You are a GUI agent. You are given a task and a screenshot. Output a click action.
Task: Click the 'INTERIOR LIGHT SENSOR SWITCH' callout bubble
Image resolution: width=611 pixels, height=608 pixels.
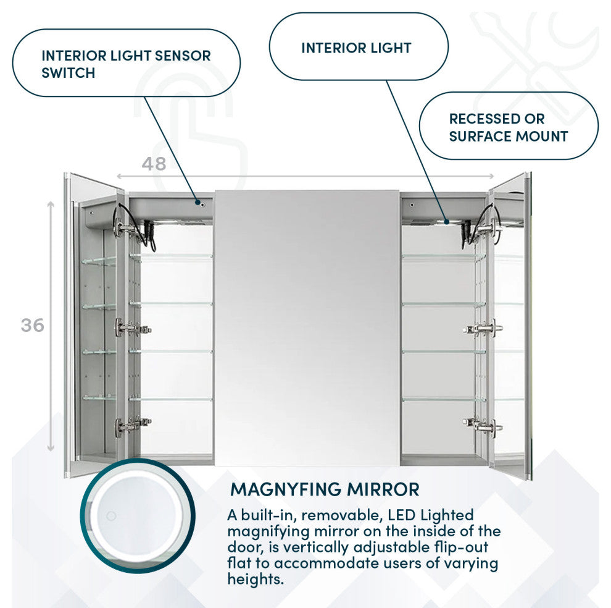point(127,63)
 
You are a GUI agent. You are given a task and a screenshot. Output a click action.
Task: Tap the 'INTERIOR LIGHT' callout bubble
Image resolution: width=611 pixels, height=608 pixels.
point(359,46)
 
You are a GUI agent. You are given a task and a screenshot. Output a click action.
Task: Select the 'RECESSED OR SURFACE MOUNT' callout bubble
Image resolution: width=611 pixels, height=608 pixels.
point(509,126)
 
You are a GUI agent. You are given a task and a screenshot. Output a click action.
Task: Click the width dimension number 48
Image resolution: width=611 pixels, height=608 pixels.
point(154,164)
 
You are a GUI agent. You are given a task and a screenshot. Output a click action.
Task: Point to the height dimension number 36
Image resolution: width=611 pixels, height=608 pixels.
point(32,325)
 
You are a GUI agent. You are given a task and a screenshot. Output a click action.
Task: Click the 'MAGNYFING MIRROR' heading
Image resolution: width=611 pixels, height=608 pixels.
point(325,489)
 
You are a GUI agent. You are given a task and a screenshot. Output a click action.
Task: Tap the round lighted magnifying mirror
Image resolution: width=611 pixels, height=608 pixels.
point(138,516)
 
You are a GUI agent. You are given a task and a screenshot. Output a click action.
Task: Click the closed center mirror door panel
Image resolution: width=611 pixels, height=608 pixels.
point(307,328)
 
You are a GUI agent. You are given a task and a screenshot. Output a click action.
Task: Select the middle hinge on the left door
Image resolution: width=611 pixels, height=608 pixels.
point(132,328)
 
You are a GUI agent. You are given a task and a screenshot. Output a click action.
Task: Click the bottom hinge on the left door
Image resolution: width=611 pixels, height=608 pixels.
point(132,426)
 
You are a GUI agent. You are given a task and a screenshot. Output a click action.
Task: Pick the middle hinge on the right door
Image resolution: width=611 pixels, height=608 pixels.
point(483,329)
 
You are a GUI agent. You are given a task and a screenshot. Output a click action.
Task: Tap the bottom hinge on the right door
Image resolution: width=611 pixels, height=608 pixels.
point(483,426)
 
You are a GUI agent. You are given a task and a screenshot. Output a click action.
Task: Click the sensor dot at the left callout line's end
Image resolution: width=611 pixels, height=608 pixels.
point(198,203)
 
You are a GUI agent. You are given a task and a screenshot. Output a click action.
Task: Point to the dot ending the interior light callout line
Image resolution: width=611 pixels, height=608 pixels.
point(447,222)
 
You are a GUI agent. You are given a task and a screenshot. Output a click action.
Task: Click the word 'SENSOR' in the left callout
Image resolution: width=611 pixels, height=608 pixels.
point(183,56)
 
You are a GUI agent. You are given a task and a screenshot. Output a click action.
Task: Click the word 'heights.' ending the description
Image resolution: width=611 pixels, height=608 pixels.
point(256,579)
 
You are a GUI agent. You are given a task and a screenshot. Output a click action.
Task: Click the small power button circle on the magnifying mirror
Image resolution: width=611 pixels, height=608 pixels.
point(111,516)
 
